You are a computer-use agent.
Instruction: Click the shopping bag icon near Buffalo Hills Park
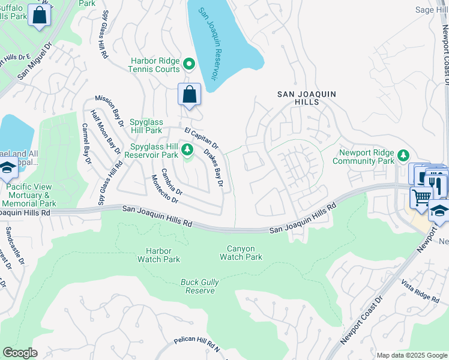39,15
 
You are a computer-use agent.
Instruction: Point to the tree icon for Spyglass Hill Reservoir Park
187,149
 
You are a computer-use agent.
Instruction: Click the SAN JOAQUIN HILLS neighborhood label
306,99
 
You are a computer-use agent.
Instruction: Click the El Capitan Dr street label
201,137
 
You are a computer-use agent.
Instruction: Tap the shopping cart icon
421,196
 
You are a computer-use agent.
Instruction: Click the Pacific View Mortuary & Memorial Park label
31,195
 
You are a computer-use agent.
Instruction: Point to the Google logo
20,353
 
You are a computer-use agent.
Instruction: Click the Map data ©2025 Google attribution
412,355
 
